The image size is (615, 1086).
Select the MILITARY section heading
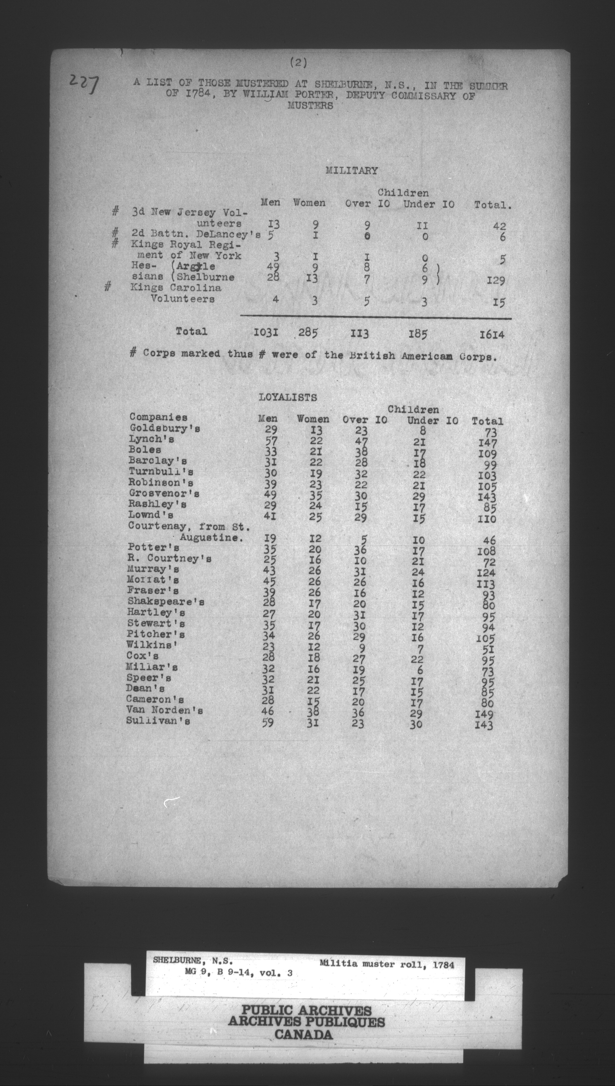click(351, 171)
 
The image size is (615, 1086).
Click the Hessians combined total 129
click(495, 280)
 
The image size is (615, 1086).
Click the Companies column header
click(158, 417)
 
